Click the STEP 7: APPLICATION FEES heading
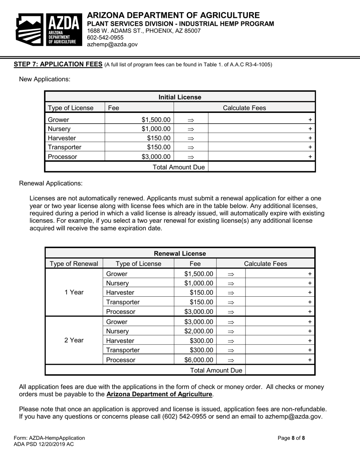click(x=58, y=64)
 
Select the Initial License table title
click(x=180, y=97)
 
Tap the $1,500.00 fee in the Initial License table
click(x=156, y=120)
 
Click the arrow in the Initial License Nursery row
click(x=191, y=129)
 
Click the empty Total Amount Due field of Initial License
click(x=261, y=167)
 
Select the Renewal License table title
click(x=180, y=253)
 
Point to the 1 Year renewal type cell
click(x=74, y=292)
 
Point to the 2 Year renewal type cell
click(x=74, y=340)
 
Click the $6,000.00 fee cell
click(x=199, y=360)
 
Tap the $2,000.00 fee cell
click(x=199, y=331)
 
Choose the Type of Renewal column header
click(x=74, y=264)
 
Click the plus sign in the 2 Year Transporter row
click(x=310, y=350)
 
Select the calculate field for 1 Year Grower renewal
click(x=280, y=274)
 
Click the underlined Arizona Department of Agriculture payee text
click(x=159, y=394)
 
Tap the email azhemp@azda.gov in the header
click(x=112, y=44)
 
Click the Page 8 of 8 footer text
click(x=291, y=438)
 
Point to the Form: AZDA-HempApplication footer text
click(x=49, y=438)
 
